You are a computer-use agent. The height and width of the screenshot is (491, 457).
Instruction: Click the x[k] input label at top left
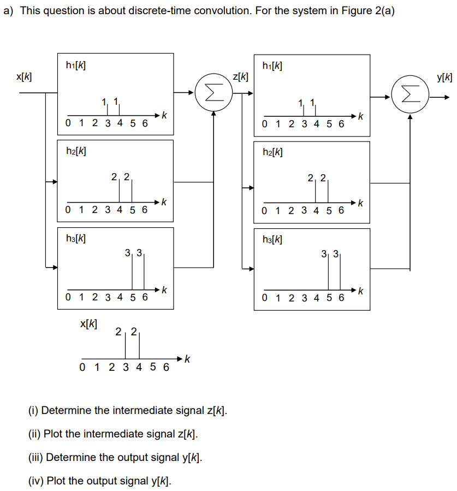(x=23, y=77)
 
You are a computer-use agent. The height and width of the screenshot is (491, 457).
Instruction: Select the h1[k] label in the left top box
(x=75, y=66)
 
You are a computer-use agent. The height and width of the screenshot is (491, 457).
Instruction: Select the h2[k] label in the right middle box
(x=272, y=152)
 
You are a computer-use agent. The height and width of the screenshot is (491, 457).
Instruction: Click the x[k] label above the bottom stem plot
(x=89, y=324)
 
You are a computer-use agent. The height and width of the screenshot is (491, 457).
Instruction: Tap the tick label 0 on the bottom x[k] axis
(x=82, y=368)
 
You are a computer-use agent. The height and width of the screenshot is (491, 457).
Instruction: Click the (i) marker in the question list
(x=33, y=410)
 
